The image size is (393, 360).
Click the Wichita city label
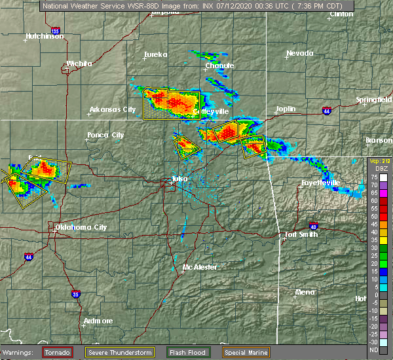(x=79, y=63)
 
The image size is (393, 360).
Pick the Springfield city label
(x=374, y=99)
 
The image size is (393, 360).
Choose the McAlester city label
(x=199, y=267)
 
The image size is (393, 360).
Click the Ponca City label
(x=105, y=135)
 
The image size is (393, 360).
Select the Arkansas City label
(x=112, y=109)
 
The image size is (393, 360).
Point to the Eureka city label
(x=156, y=54)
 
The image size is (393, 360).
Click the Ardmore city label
(x=98, y=321)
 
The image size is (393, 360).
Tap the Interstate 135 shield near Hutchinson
(x=55, y=31)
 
